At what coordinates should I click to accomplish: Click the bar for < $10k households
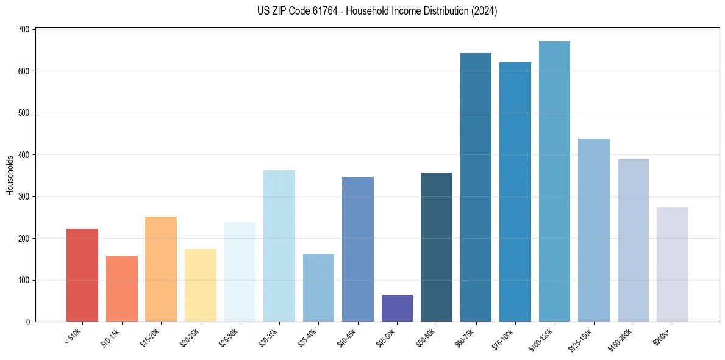tap(82, 275)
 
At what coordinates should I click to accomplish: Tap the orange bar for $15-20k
tap(161, 269)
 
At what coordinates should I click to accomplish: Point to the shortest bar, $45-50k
tap(397, 308)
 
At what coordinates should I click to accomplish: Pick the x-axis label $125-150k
tap(581, 339)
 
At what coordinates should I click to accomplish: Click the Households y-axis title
tap(10, 175)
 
